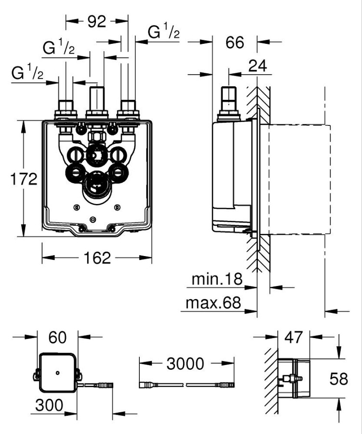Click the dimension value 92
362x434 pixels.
pyautogui.click(x=97, y=22)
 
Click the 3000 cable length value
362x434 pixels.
pyautogui.click(x=186, y=363)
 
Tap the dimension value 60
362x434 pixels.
pyautogui.click(x=57, y=337)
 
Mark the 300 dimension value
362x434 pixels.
pyautogui.click(x=48, y=405)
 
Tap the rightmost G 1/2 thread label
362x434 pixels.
pyautogui.click(x=163, y=32)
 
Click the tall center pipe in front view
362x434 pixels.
pyautogui.click(x=98, y=99)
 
